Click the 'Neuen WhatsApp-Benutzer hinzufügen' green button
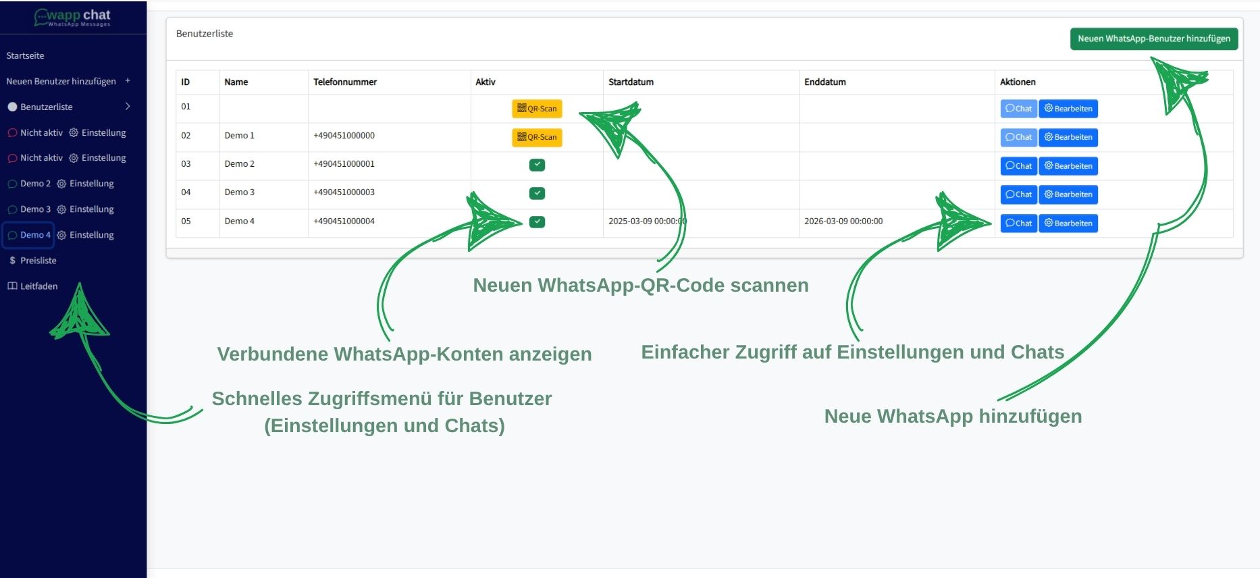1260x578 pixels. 1153,39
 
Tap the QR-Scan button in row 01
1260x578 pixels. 537,109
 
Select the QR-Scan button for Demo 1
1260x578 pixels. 537,137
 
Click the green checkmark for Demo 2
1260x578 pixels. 537,165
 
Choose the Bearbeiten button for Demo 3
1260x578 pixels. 1068,194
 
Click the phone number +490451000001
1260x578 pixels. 344,164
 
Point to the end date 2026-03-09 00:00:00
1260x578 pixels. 843,221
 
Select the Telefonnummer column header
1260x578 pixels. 345,82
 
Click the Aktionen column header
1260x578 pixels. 1018,82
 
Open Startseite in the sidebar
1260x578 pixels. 26,56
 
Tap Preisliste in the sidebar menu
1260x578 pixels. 38,261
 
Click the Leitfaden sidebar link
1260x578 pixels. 38,286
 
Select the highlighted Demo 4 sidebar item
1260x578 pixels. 29,235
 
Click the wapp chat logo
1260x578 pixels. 73,17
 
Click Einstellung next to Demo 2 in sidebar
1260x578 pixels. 91,184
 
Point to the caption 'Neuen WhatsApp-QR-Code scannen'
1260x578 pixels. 640,286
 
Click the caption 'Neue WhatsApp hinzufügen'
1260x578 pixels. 953,417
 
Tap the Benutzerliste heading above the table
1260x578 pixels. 205,34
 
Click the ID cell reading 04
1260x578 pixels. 186,192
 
